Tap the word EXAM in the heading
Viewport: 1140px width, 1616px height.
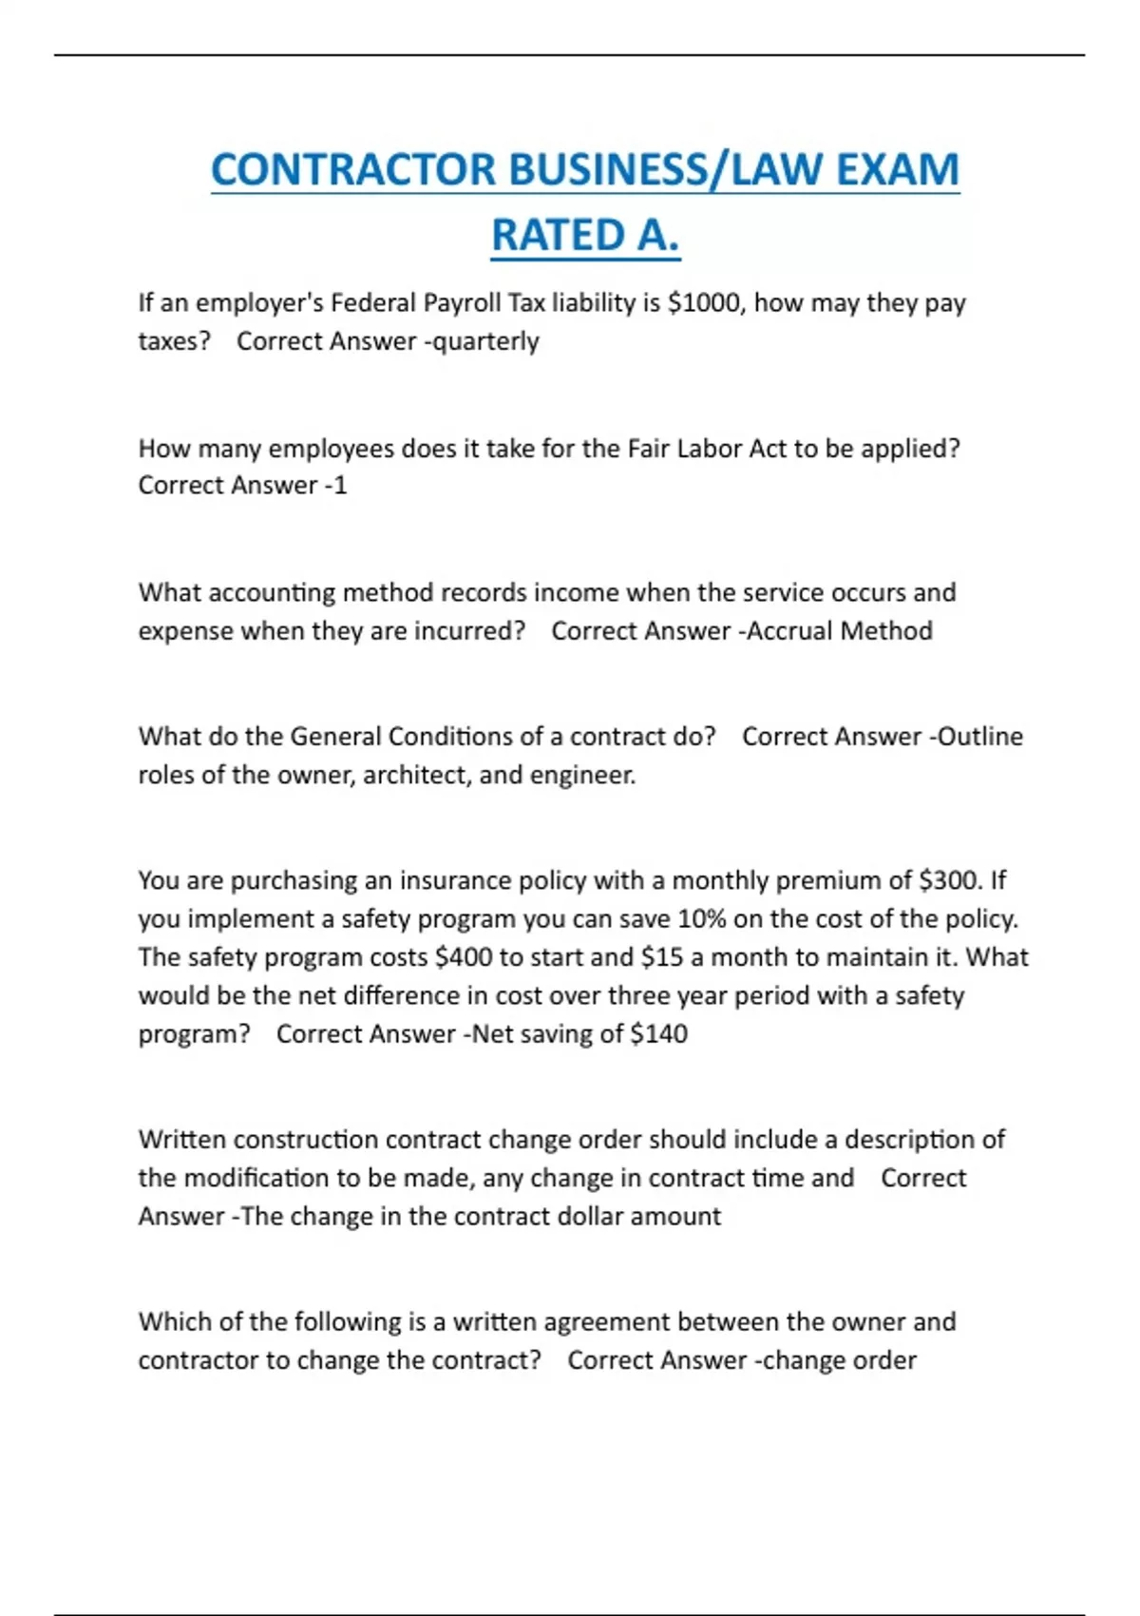[x=897, y=170]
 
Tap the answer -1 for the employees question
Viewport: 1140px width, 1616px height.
[x=336, y=486]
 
